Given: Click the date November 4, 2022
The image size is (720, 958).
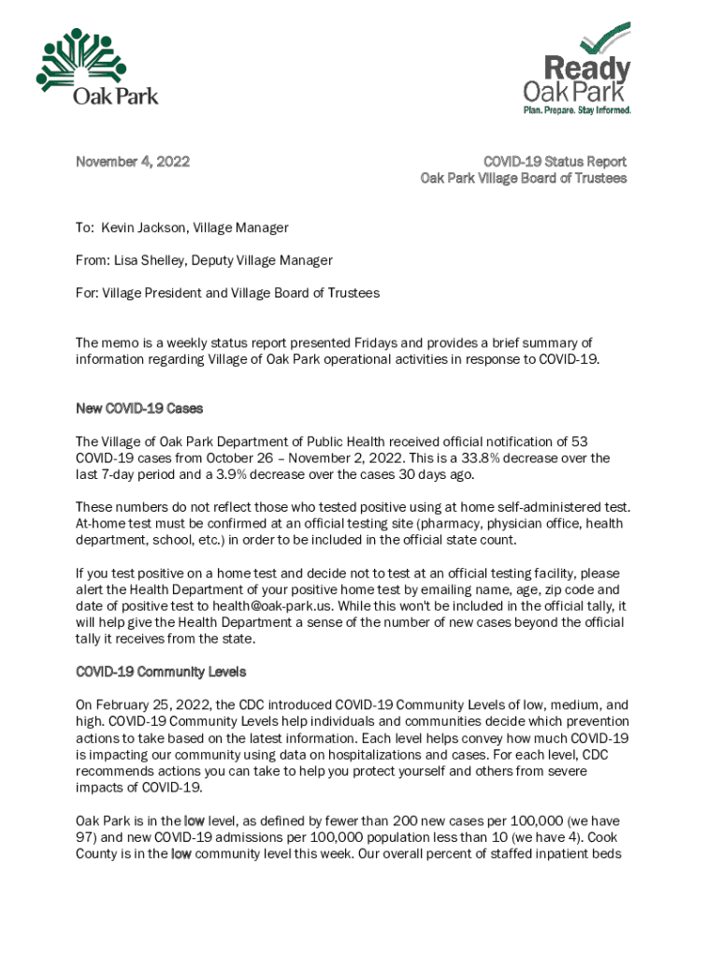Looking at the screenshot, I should [x=132, y=162].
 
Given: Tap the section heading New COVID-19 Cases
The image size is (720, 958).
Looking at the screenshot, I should [x=138, y=409].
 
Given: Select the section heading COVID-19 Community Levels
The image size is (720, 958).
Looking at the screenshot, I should [x=160, y=673].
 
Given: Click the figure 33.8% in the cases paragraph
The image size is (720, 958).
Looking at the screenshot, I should [x=482, y=458].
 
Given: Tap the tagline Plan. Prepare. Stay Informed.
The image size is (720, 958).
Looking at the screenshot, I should [x=576, y=110].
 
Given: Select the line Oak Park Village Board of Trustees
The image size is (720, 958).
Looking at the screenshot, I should [x=523, y=179].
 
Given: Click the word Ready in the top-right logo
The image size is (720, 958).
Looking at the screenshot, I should [x=587, y=69].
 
